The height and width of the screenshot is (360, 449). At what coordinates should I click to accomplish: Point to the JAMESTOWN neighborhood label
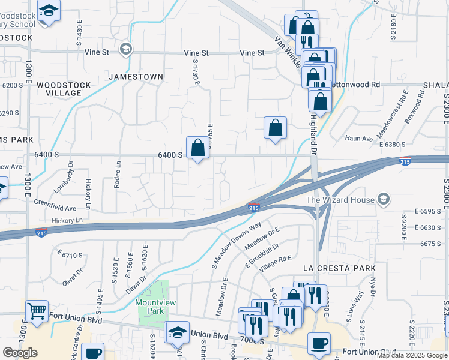tap(136, 77)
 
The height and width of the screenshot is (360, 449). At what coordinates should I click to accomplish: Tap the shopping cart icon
tap(37, 311)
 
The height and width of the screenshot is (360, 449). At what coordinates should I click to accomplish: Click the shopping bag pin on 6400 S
tap(197, 147)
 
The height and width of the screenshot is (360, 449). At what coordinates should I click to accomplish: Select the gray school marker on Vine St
tap(125, 49)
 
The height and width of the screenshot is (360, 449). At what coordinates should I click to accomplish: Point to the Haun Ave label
tap(359, 139)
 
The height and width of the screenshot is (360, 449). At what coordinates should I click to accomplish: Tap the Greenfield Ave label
tap(55, 208)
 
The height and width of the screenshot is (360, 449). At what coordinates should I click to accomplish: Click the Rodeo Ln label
tap(118, 174)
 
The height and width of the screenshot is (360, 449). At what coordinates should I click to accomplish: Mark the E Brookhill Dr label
tap(262, 255)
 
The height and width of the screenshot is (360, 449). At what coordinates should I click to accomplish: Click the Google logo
tap(20, 352)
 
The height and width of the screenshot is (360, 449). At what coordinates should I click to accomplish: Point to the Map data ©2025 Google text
tap(412, 355)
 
